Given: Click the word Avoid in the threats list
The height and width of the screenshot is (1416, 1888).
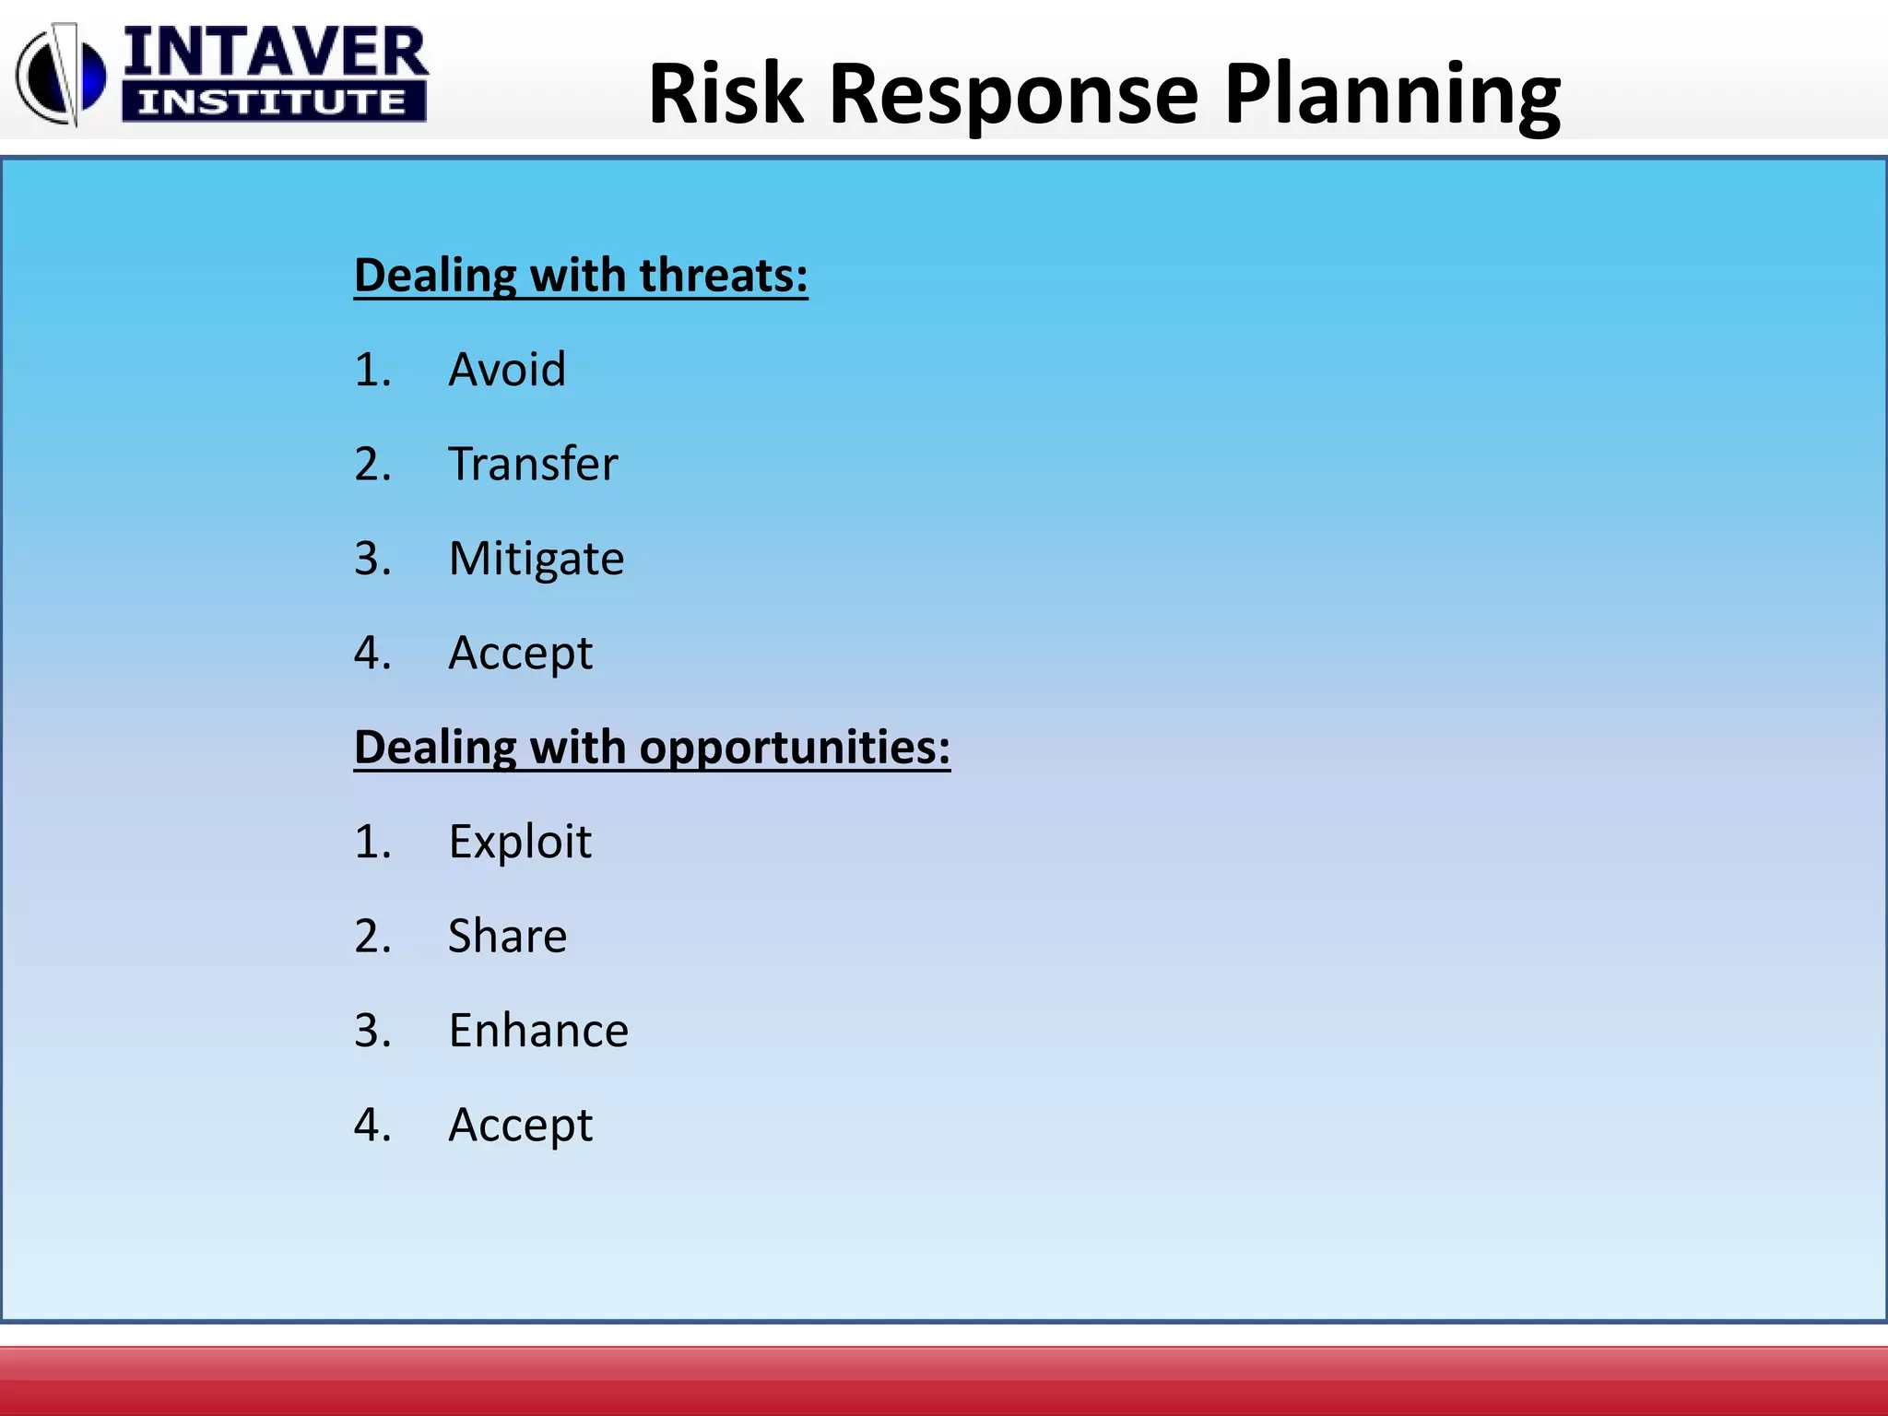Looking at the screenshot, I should (x=507, y=371).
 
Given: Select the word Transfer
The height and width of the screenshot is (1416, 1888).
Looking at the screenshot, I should (x=533, y=465).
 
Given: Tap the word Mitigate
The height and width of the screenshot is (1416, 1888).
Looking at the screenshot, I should (x=537, y=560).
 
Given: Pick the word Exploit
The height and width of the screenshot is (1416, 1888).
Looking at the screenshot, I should (x=520, y=843).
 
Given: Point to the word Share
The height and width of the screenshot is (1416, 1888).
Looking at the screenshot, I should (x=507, y=937).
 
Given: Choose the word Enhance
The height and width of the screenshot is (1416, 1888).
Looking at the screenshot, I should (x=538, y=1031).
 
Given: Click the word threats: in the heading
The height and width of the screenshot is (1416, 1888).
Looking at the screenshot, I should (x=724, y=276).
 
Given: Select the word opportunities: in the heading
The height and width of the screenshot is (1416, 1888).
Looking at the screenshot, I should (x=795, y=748).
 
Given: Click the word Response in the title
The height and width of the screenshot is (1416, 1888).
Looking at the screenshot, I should (x=1014, y=94).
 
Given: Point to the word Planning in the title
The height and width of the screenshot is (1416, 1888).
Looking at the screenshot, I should (x=1392, y=94).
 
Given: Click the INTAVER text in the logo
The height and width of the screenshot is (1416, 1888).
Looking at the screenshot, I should (x=275, y=53).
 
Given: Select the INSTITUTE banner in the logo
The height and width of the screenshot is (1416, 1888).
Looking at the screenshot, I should (x=273, y=101).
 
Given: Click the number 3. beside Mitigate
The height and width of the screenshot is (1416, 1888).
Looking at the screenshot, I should (x=372, y=560).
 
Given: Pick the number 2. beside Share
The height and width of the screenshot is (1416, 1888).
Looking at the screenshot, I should (x=372, y=937).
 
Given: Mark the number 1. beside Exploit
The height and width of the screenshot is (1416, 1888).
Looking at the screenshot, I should (x=372, y=843).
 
